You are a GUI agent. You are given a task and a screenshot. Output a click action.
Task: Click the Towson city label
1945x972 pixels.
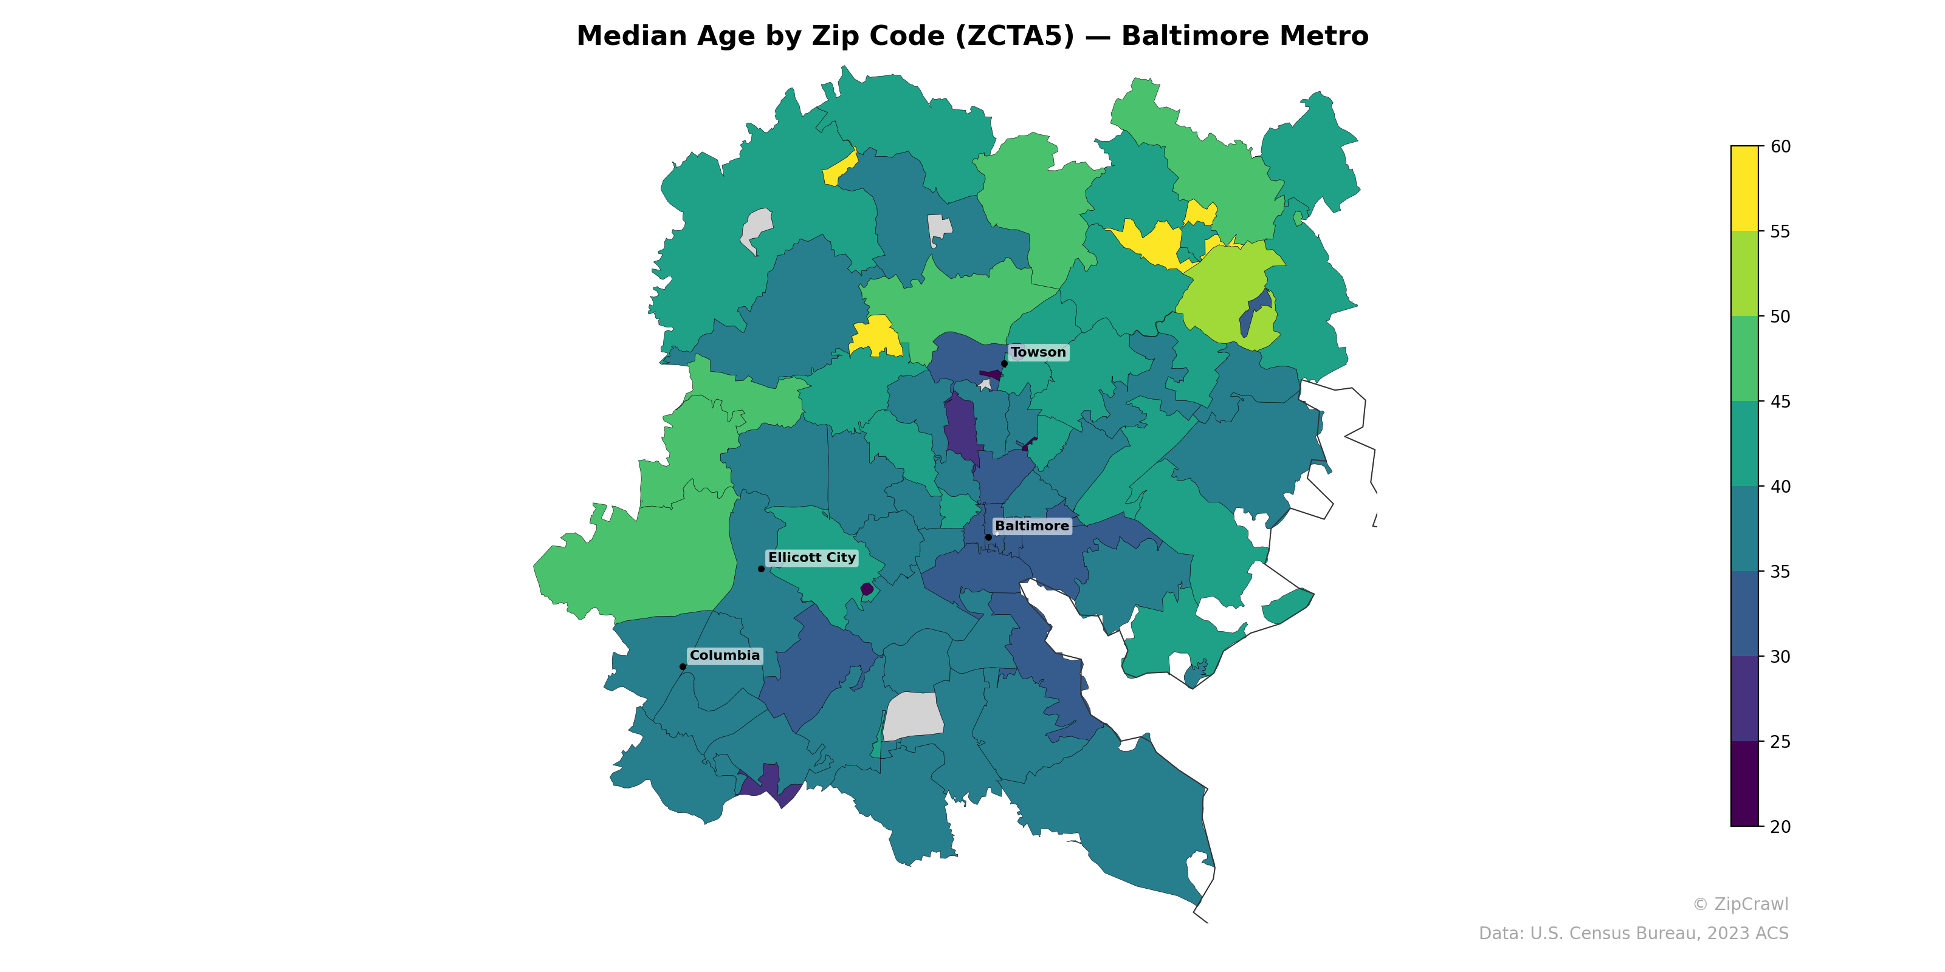tap(1038, 352)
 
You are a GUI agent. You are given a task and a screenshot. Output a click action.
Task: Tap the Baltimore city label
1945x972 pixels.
tap(1031, 526)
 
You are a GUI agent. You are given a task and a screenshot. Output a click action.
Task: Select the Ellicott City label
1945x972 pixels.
tap(811, 558)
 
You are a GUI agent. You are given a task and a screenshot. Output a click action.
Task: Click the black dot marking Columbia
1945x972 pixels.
tap(683, 666)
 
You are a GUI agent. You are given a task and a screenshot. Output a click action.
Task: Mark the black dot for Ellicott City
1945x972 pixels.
tap(761, 568)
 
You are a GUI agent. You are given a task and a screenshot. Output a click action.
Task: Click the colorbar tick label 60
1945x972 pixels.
tap(1780, 146)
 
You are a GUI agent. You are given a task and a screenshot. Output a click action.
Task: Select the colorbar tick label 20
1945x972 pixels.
tap(1780, 826)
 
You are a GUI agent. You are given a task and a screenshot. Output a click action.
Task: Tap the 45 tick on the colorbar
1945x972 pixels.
tap(1780, 402)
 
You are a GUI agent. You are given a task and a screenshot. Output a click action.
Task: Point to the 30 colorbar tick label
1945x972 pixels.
tap(1780, 657)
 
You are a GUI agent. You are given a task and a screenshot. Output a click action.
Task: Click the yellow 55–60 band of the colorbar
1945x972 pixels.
tap(1744, 189)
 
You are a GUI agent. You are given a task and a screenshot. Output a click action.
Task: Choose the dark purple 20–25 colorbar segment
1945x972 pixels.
tap(1744, 783)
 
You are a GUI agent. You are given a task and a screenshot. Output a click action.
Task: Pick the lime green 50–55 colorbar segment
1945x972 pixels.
tap(1744, 273)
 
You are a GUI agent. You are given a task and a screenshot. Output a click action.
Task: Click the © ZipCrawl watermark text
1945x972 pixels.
tap(1740, 904)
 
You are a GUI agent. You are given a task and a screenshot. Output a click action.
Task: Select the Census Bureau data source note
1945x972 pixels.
tap(1633, 934)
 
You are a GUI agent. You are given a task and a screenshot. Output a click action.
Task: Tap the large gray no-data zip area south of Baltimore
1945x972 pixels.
tap(913, 716)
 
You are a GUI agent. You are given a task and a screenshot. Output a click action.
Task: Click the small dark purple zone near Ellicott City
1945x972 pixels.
tap(867, 589)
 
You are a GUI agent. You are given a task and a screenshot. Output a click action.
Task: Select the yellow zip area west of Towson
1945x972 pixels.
tap(876, 337)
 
